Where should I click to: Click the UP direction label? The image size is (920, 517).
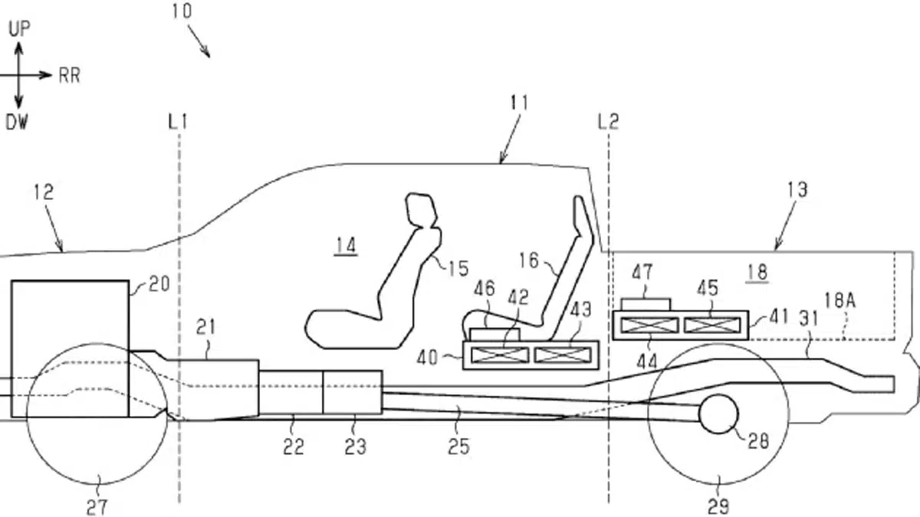(19, 29)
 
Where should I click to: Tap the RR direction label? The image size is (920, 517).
(70, 76)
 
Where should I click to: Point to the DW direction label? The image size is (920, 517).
(17, 122)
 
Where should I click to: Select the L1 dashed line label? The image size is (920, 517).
(178, 122)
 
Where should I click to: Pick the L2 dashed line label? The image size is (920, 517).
(608, 122)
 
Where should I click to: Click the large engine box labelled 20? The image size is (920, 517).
(71, 348)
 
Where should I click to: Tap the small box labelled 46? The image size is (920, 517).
(495, 335)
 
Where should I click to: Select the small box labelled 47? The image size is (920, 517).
(646, 305)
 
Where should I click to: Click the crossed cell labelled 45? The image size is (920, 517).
(712, 326)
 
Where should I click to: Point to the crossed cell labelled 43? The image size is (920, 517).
(563, 355)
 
